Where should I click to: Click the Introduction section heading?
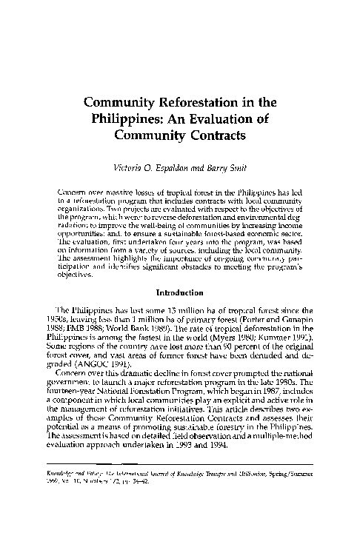point(180,271)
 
